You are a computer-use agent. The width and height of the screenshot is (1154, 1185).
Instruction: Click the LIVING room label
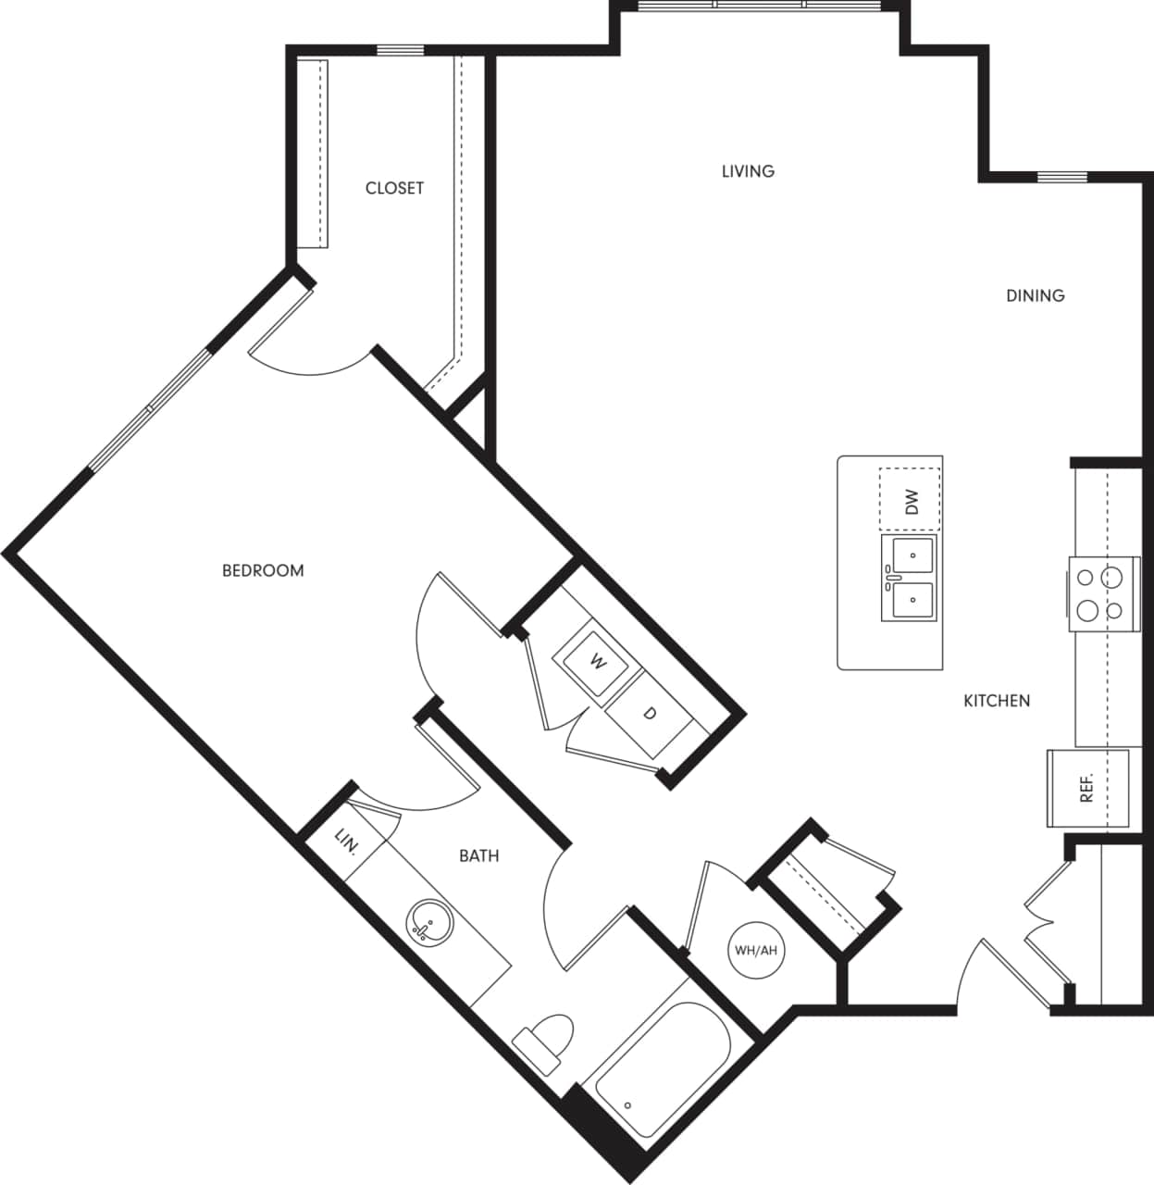[x=748, y=171]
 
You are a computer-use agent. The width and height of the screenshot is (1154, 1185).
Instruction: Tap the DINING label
[x=1035, y=295]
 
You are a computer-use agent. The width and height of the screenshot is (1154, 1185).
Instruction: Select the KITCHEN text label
[x=997, y=701]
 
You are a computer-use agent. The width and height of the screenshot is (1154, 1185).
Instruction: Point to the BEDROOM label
[x=263, y=570]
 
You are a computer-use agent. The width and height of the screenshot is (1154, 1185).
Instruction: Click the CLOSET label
[x=394, y=188]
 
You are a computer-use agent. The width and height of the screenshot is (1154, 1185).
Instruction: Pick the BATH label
[x=478, y=855]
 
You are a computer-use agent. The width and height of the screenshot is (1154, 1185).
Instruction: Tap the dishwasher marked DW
[x=911, y=501]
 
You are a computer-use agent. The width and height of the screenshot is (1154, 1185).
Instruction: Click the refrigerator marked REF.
[x=1087, y=787]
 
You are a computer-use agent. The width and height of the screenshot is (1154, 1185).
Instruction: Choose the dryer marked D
[x=650, y=714]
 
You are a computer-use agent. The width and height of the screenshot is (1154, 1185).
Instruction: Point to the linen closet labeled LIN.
[x=346, y=841]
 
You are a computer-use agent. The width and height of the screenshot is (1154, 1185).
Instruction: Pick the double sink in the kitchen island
[x=910, y=578]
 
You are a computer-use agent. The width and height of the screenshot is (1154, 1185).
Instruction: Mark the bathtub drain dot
[x=628, y=1104]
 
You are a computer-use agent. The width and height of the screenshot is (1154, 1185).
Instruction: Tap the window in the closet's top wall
[x=400, y=50]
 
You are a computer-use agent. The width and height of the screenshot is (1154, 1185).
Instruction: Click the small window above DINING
[x=1061, y=177]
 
